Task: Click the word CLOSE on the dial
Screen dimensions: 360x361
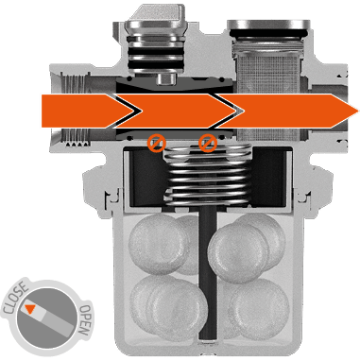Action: click(x=15, y=298)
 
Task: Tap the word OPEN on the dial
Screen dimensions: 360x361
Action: click(x=85, y=320)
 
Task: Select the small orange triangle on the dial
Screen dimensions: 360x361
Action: click(x=29, y=309)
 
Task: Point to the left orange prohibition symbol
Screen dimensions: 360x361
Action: click(x=157, y=143)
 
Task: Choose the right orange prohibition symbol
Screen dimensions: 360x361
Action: click(x=208, y=143)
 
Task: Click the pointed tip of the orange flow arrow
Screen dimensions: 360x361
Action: click(x=358, y=112)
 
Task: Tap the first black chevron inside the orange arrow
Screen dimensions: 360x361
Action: click(x=128, y=111)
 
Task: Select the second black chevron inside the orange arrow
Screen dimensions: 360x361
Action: click(x=228, y=111)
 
